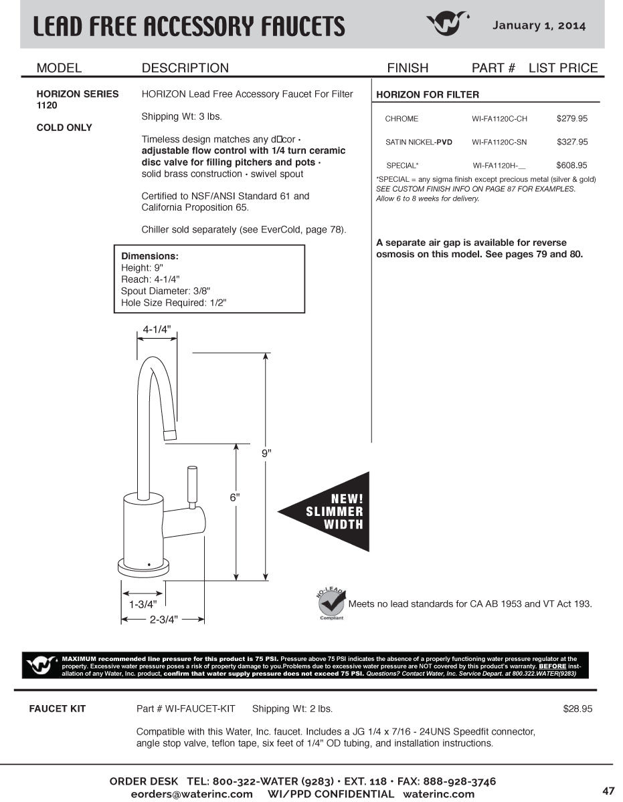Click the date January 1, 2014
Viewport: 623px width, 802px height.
coord(539,25)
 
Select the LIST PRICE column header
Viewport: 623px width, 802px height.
coord(563,68)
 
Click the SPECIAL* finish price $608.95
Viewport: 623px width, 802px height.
coord(571,165)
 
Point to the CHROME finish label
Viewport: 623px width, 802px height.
coord(402,119)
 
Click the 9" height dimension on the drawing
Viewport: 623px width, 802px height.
coord(266,453)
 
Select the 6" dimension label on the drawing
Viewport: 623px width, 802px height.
coord(235,497)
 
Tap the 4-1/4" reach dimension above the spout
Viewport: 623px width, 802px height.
coord(157,329)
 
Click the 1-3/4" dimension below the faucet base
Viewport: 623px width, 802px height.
coord(142,604)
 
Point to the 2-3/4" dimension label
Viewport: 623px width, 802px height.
coord(163,620)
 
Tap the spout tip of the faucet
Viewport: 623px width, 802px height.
coord(171,436)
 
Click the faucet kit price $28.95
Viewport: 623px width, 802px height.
coord(577,708)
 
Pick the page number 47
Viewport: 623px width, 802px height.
coord(608,791)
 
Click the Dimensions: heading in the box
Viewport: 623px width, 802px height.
coord(150,256)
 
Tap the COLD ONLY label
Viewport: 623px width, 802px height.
coord(64,128)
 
